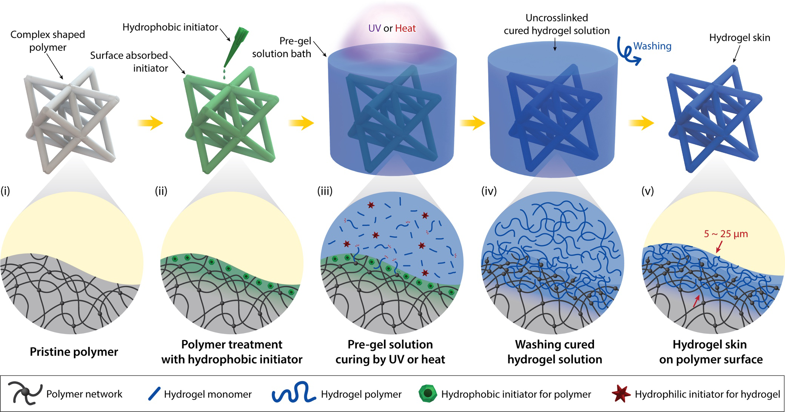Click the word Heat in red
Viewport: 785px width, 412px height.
click(x=405, y=28)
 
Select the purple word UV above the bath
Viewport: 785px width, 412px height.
click(x=374, y=28)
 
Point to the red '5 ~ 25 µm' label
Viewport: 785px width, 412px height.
click(x=726, y=234)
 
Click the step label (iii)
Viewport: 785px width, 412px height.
click(x=325, y=191)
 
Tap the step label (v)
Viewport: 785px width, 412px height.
click(x=648, y=191)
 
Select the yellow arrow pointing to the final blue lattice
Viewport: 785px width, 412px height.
click(x=641, y=123)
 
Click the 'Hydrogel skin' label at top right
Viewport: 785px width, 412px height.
click(x=739, y=38)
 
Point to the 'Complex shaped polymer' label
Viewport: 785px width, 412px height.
click(x=48, y=41)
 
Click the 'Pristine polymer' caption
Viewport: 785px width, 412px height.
click(x=74, y=352)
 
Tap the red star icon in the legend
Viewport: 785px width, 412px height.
click(x=621, y=394)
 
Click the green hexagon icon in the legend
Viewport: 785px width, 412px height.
click(x=428, y=394)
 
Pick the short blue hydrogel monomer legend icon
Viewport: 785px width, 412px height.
click(x=154, y=394)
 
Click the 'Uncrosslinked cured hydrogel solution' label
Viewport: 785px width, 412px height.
click(x=557, y=24)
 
